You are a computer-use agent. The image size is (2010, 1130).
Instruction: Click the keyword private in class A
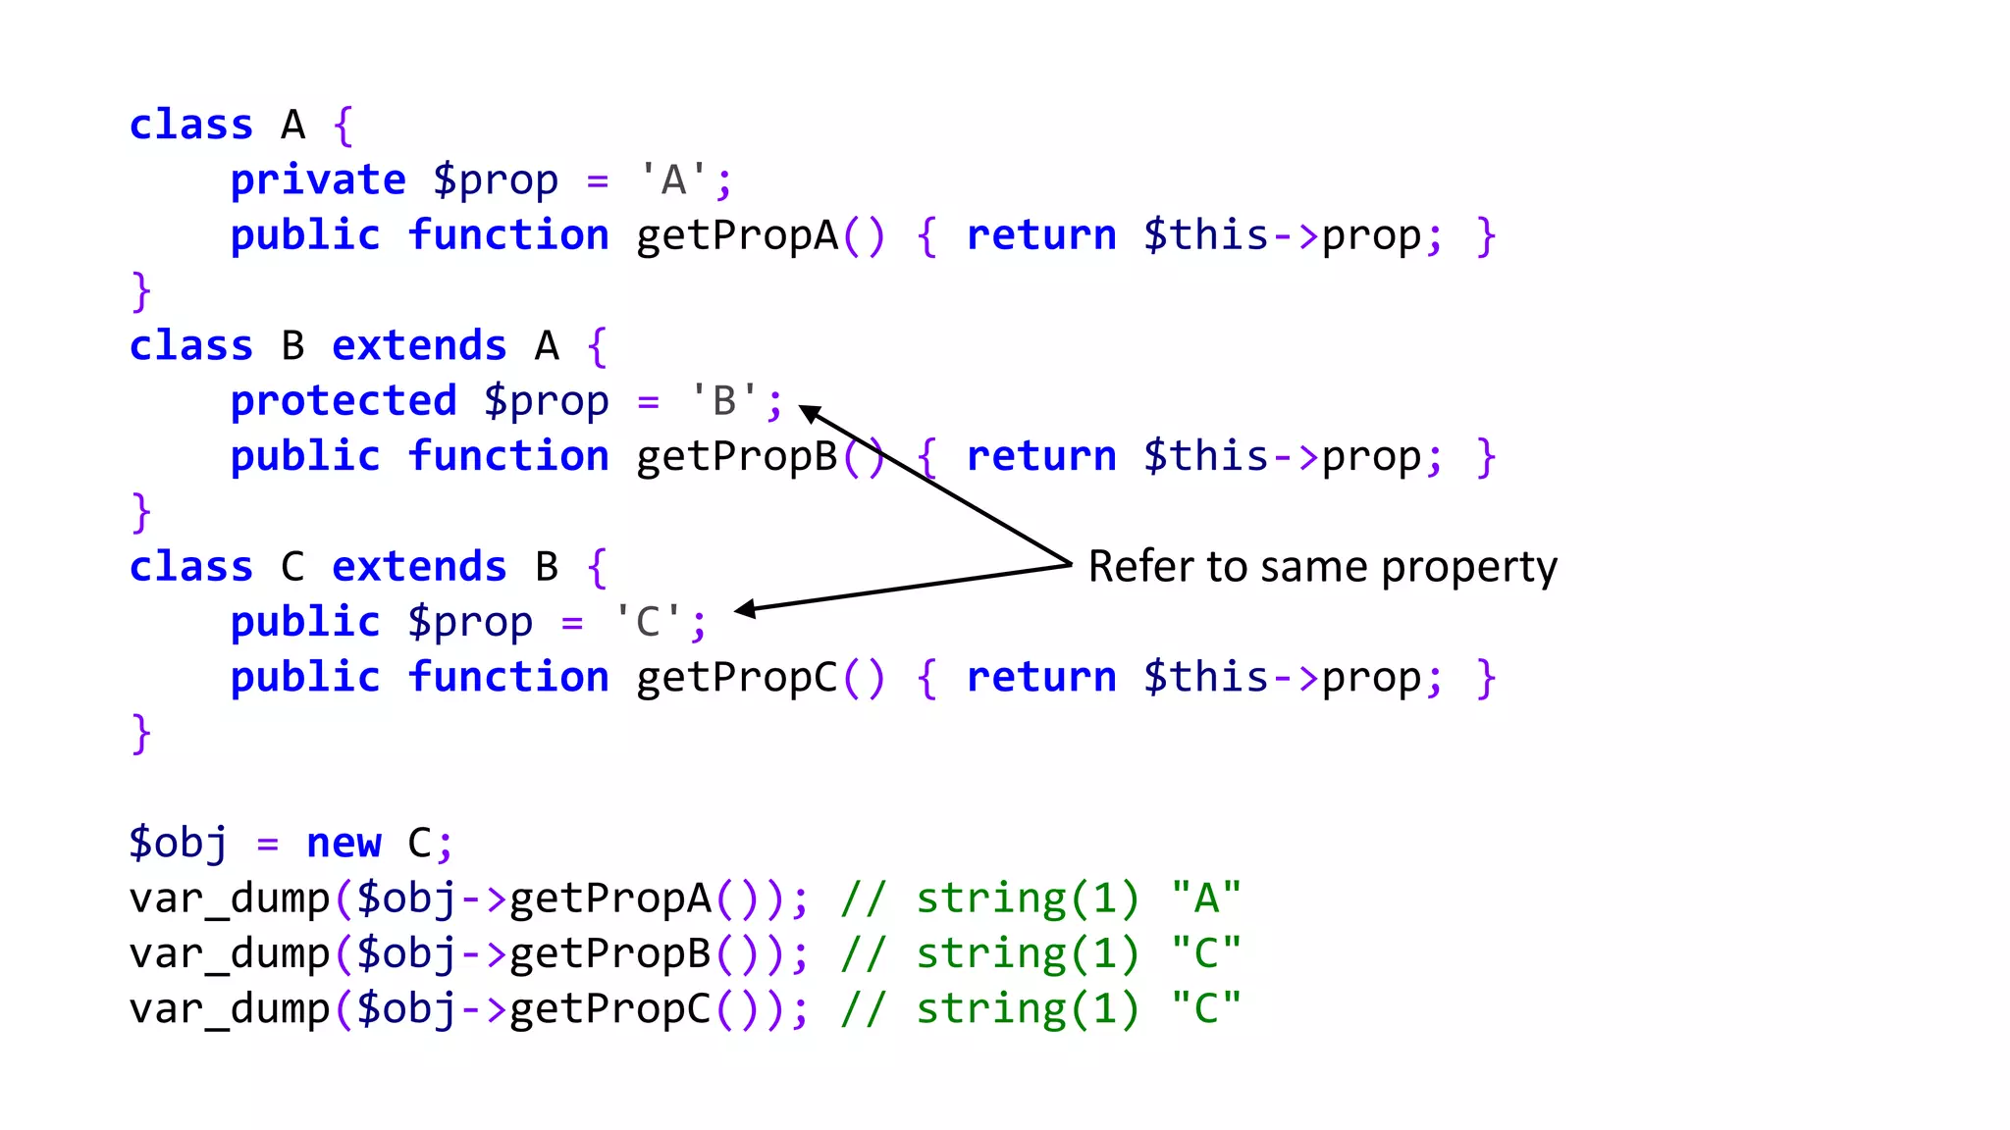tap(317, 180)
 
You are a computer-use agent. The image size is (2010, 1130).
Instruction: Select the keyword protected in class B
tap(344, 401)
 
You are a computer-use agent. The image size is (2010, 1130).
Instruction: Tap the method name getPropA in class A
tap(737, 236)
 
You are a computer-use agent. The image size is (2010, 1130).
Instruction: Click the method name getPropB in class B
tap(737, 457)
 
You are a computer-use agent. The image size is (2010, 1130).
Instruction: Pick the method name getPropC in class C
tap(737, 678)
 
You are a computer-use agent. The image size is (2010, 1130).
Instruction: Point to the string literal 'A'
tap(672, 180)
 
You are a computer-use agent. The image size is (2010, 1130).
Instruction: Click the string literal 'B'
tap(723, 400)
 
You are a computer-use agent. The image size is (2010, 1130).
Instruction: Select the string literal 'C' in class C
tap(647, 621)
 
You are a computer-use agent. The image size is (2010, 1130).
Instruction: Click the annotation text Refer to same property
tap(1322, 567)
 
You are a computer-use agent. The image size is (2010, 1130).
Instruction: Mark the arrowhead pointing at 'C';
tap(746, 609)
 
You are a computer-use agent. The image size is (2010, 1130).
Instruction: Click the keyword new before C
tap(344, 844)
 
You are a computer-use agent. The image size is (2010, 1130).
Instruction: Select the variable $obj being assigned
tap(178, 844)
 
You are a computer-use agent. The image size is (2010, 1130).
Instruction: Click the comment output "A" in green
tap(1206, 899)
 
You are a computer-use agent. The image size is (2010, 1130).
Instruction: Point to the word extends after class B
tap(419, 346)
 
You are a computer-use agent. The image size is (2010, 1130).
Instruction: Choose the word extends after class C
tap(419, 567)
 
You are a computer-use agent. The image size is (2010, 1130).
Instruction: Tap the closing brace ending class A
tap(141, 291)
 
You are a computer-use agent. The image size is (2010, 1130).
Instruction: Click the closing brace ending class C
tap(141, 733)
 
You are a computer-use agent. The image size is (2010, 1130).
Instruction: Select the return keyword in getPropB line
tap(1041, 457)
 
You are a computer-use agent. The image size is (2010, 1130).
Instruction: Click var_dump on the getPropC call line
tap(229, 1009)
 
